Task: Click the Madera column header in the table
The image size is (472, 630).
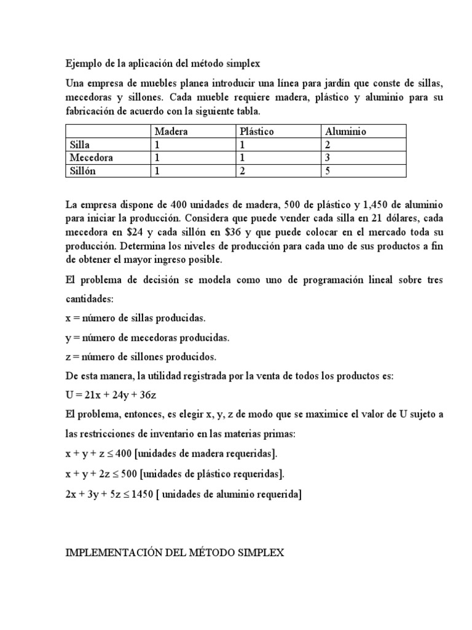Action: click(171, 131)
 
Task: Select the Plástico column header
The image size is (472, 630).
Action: click(258, 131)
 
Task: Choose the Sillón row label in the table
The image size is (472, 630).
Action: click(82, 171)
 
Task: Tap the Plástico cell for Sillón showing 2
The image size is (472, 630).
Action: click(243, 171)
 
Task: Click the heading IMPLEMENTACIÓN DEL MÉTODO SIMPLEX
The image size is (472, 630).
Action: click(175, 553)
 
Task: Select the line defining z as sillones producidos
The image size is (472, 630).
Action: click(141, 357)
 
